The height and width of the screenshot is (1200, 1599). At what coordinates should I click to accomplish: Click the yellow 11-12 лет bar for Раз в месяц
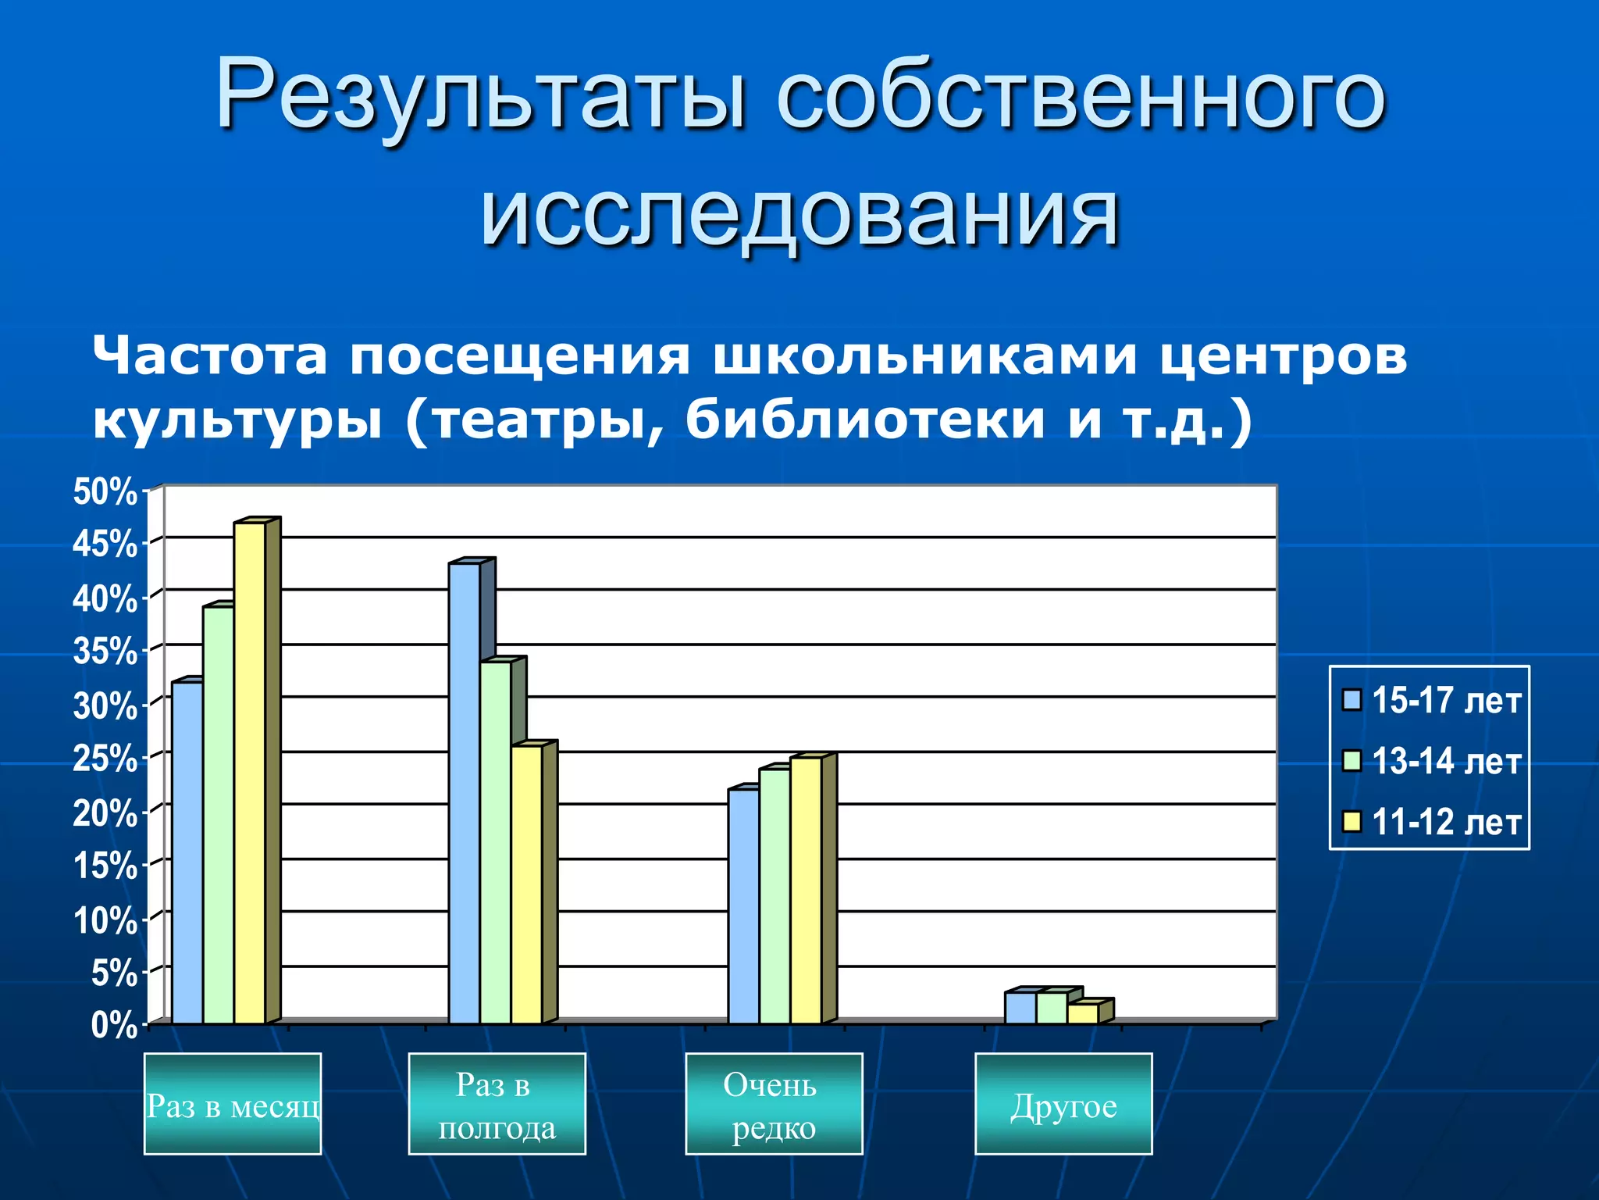click(x=250, y=773)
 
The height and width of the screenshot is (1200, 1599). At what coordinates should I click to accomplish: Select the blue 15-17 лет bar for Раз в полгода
click(x=465, y=793)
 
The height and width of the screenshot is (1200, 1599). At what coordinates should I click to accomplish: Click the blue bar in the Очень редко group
click(x=743, y=906)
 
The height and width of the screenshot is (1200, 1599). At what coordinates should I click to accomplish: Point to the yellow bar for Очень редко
click(x=806, y=891)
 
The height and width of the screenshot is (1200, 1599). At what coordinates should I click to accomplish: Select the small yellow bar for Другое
click(x=1083, y=1014)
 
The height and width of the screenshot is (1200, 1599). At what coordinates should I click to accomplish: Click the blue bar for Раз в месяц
click(x=187, y=852)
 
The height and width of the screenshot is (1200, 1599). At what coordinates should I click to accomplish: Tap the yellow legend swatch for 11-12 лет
click(x=1351, y=822)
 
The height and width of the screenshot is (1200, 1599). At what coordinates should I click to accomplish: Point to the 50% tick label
click(x=105, y=492)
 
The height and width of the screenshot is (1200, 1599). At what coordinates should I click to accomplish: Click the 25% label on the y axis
click(x=105, y=759)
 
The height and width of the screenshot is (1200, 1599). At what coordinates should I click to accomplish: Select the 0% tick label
click(x=114, y=1025)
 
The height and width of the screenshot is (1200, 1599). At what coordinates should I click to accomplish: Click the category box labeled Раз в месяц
click(x=233, y=1104)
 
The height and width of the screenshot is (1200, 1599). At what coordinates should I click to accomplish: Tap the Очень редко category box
click(x=774, y=1104)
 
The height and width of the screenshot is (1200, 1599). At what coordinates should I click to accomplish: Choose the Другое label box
click(x=1063, y=1104)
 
